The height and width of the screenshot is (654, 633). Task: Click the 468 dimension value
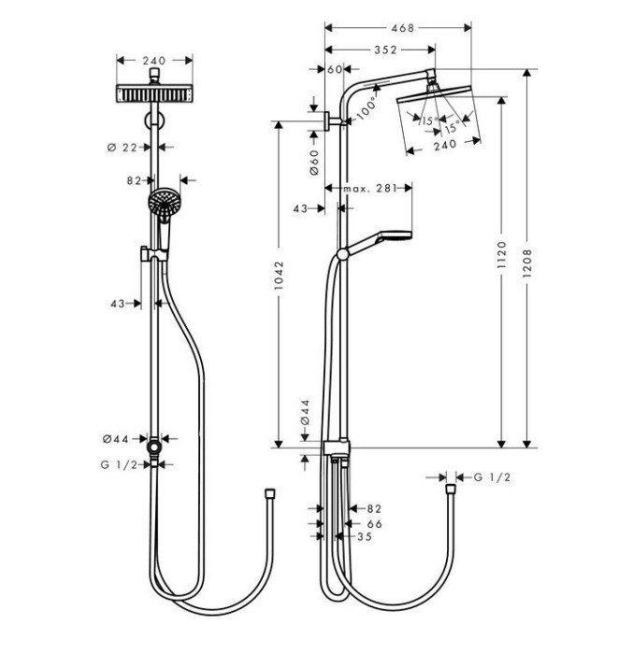(402, 29)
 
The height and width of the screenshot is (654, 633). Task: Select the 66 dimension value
(375, 525)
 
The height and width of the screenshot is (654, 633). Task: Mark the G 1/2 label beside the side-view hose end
(490, 477)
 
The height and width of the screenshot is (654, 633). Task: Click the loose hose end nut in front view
(269, 490)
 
